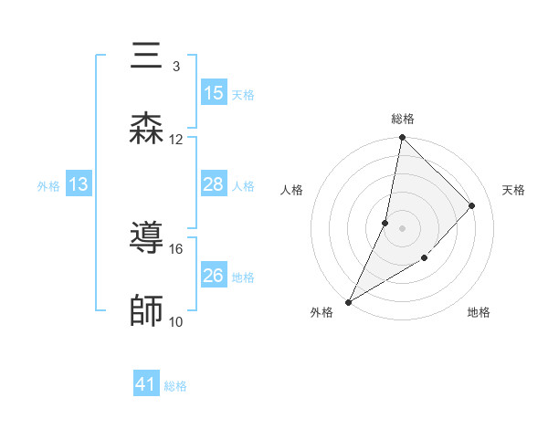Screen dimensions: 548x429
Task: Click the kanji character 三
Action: tap(147, 57)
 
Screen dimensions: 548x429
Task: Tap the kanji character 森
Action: tap(147, 129)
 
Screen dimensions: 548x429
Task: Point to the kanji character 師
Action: tap(147, 311)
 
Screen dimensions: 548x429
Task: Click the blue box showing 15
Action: tap(214, 93)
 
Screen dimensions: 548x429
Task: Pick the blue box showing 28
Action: tap(214, 184)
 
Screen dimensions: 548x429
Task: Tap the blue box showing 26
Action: tap(214, 276)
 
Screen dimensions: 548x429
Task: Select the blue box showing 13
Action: tap(79, 184)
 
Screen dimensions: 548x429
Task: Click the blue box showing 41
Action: tap(146, 385)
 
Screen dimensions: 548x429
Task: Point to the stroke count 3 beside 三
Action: tap(175, 66)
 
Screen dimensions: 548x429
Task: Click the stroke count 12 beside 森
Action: tap(176, 139)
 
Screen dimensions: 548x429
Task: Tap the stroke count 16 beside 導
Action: tap(176, 248)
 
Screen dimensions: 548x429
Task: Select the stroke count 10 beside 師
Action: tap(176, 321)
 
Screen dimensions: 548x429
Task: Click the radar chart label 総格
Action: tap(403, 119)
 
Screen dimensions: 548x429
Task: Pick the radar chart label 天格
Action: tap(514, 190)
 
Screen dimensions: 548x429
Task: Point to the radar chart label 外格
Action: tap(321, 312)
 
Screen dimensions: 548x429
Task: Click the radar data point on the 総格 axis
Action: tap(402, 138)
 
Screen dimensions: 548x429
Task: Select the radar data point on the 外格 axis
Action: tap(349, 301)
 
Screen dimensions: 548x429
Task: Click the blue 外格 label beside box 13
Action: tap(48, 185)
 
